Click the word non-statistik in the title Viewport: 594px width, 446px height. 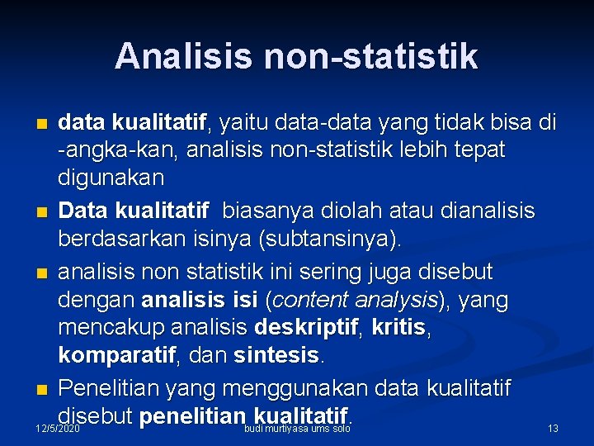click(370, 56)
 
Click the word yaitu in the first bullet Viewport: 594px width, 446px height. click(242, 124)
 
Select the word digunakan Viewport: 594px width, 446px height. click(111, 178)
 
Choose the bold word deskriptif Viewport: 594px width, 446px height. click(306, 328)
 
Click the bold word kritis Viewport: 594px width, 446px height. click(398, 328)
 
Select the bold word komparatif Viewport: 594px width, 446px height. click(116, 357)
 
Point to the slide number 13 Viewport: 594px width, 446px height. click(553, 429)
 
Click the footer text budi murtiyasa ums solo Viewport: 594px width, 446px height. click(298, 429)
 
